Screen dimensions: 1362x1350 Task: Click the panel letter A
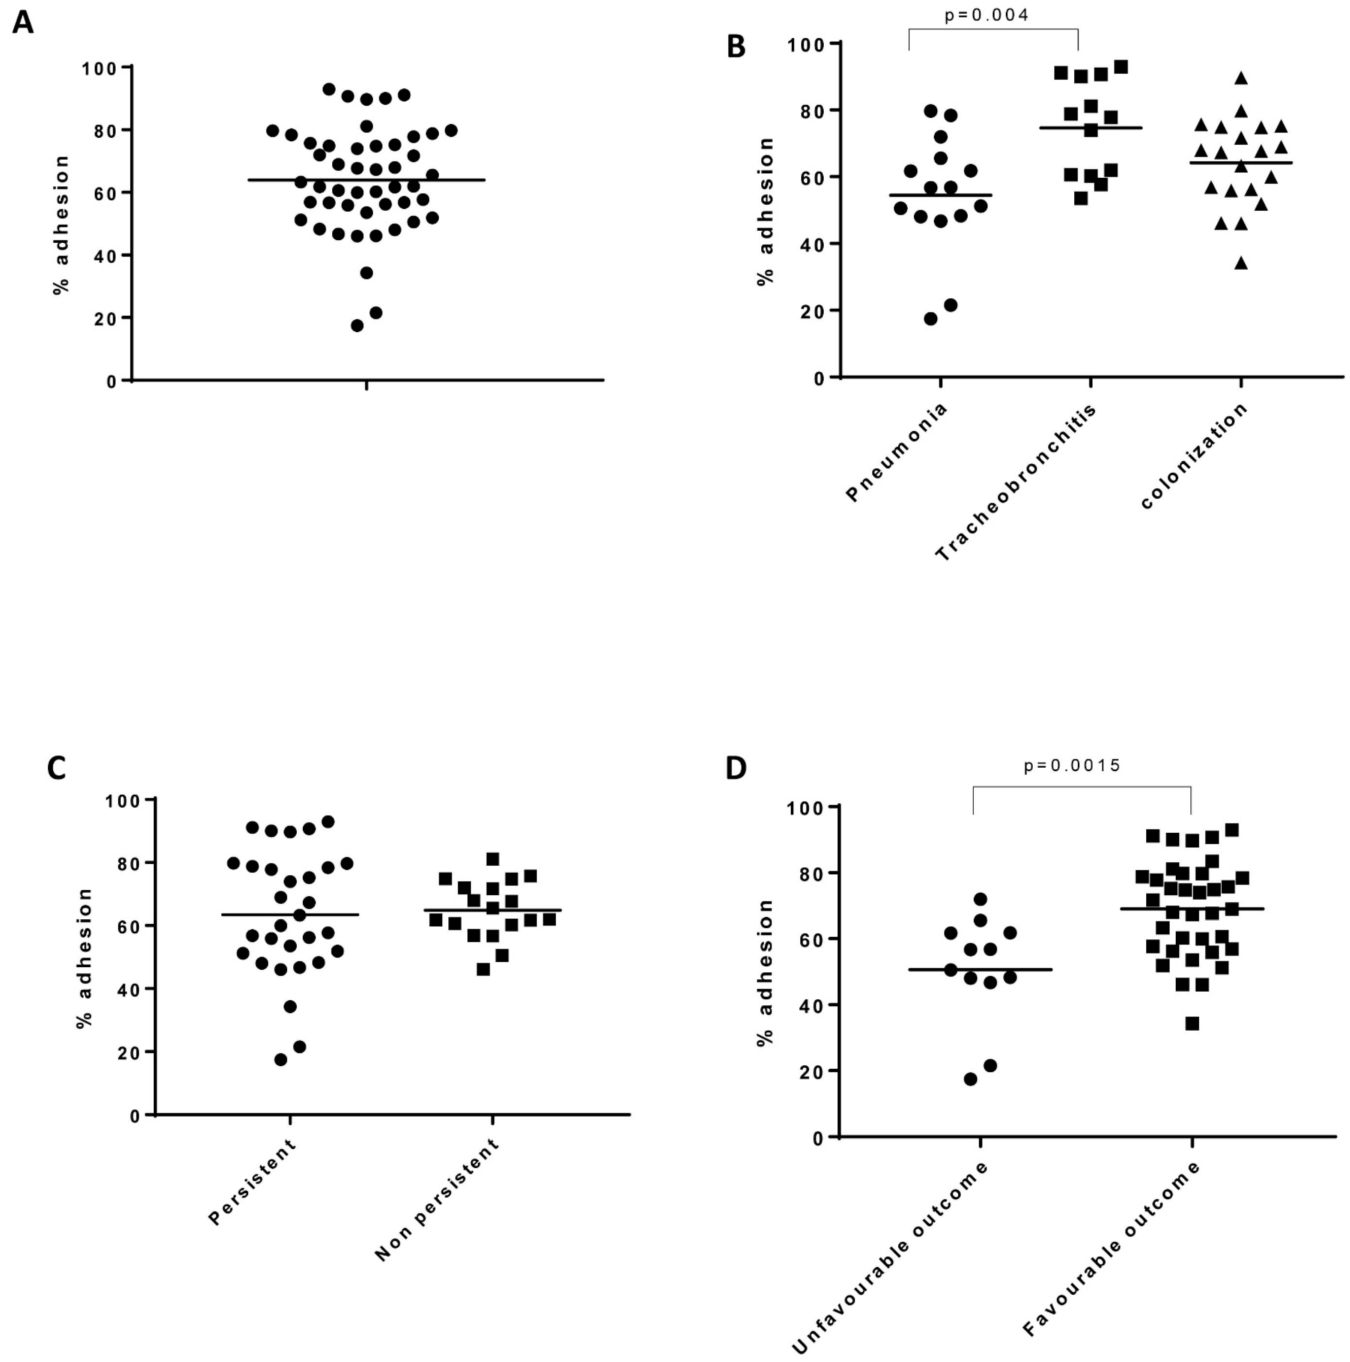pos(23,23)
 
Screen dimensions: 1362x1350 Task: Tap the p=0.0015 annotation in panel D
pos(1072,765)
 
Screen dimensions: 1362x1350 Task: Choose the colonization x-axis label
pos(1193,456)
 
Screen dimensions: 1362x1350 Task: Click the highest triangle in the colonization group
pos(1241,78)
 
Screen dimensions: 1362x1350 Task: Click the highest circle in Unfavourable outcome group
pos(980,899)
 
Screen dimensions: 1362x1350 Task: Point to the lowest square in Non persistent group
pos(483,969)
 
